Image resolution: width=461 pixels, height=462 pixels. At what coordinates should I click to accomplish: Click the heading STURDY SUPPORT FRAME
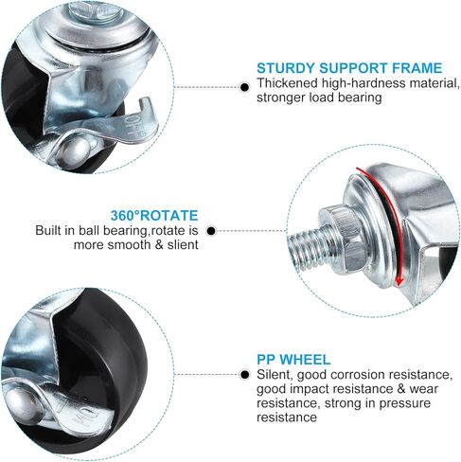pyautogui.click(x=349, y=68)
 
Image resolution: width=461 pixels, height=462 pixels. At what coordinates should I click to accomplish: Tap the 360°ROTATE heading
pyautogui.click(x=154, y=216)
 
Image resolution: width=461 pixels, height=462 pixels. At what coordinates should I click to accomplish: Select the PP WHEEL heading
pyautogui.click(x=293, y=360)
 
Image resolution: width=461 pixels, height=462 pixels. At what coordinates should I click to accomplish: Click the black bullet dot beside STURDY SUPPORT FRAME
pyautogui.click(x=244, y=87)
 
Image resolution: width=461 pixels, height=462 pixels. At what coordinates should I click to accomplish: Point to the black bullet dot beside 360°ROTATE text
pyautogui.click(x=211, y=231)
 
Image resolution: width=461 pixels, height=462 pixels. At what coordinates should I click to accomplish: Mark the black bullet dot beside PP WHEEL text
pyautogui.click(x=244, y=375)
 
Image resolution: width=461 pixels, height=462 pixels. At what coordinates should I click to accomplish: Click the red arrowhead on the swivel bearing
pyautogui.click(x=399, y=280)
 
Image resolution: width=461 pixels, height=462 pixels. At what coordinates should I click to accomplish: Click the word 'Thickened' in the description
pyautogui.click(x=287, y=83)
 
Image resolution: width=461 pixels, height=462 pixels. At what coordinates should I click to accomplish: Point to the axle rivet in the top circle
pyautogui.click(x=75, y=150)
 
